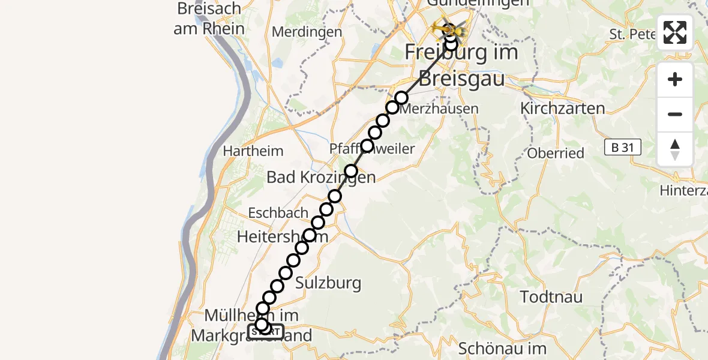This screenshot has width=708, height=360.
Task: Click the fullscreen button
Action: pos(675,32)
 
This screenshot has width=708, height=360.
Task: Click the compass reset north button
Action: pos(675,149)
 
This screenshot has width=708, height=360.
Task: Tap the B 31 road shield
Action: pos(622,147)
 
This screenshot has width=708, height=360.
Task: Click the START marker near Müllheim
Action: pos(266,331)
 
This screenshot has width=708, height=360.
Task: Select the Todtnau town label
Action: pos(550,297)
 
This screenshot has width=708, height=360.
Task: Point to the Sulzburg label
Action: pos(329,283)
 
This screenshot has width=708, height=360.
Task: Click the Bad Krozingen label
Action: pos(321,178)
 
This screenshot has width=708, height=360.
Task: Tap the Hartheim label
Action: pos(253,151)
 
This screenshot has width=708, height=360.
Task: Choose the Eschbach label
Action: pos(278,212)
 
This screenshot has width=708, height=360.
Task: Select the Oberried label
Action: pos(556,153)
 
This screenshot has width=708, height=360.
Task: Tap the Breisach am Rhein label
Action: pos(209,19)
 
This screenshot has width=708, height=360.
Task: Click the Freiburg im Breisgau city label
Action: pos(461,65)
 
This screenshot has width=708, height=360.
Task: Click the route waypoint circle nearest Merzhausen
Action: pos(401,97)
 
